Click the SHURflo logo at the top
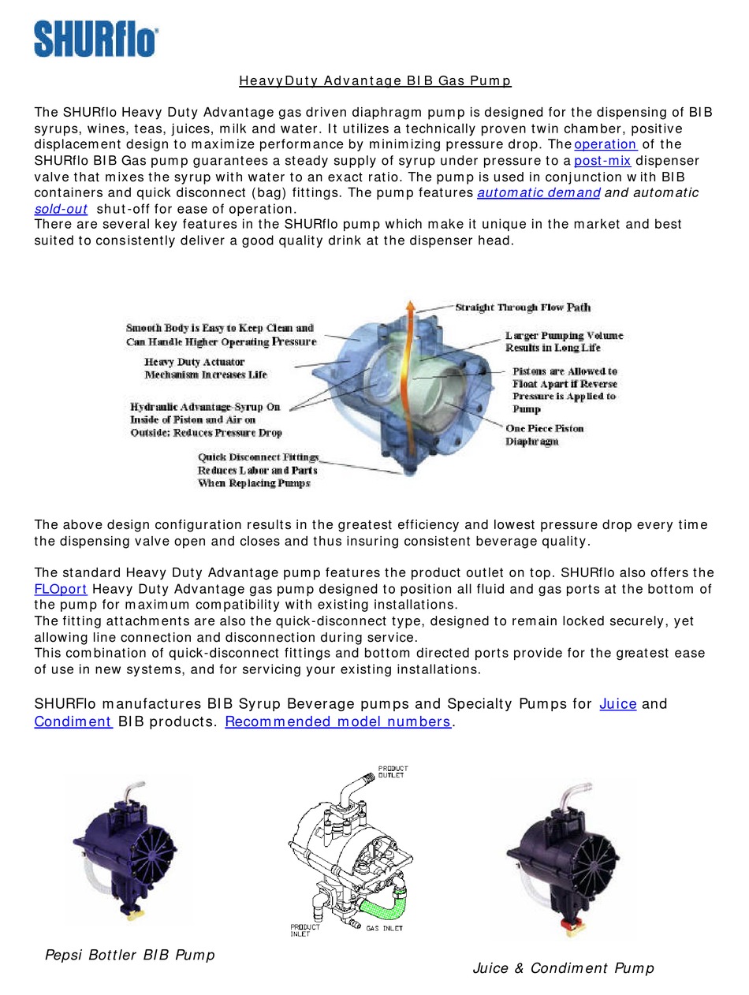pyautogui.click(x=95, y=39)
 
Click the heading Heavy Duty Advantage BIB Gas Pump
pyautogui.click(x=375, y=80)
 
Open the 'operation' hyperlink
pyautogui.click(x=605, y=144)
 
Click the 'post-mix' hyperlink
pyautogui.click(x=602, y=161)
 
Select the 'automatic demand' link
pyautogui.click(x=538, y=192)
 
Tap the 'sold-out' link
pyautogui.click(x=61, y=209)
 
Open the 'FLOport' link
pyautogui.click(x=61, y=589)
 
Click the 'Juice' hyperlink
pyautogui.click(x=618, y=703)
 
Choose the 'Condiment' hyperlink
pyautogui.click(x=73, y=721)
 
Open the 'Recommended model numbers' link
pyautogui.click(x=338, y=721)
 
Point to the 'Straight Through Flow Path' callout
pyautogui.click(x=523, y=307)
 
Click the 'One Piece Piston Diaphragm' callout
pyautogui.click(x=545, y=435)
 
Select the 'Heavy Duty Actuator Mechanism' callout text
pyautogui.click(x=206, y=368)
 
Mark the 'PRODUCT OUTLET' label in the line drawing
pyautogui.click(x=393, y=772)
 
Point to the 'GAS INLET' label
pyautogui.click(x=384, y=928)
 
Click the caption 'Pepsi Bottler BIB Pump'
pyautogui.click(x=129, y=955)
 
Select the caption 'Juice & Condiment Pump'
pyautogui.click(x=563, y=968)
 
